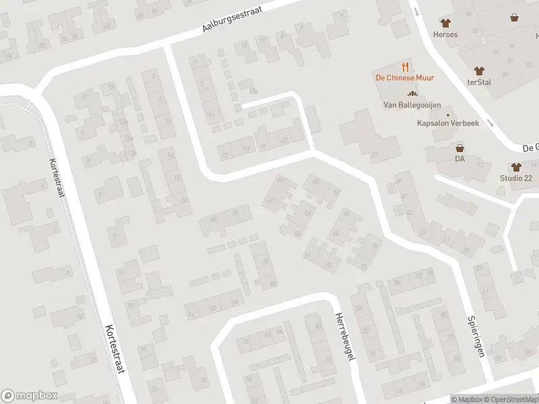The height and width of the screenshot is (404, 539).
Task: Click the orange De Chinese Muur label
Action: pyautogui.click(x=404, y=77)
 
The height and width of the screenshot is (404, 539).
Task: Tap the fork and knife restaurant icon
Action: pyautogui.click(x=405, y=66)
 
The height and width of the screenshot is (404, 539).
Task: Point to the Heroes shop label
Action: pyautogui.click(x=445, y=34)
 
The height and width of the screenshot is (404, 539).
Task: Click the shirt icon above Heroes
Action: pyautogui.click(x=445, y=23)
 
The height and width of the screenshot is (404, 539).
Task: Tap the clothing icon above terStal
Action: pyautogui.click(x=479, y=69)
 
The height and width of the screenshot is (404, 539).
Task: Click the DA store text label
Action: pyautogui.click(x=459, y=159)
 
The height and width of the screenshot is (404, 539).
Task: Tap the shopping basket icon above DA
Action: pyautogui.click(x=459, y=147)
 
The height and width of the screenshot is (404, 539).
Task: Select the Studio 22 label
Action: pyautogui.click(x=516, y=178)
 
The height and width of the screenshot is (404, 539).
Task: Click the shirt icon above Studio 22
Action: pyautogui.click(x=516, y=167)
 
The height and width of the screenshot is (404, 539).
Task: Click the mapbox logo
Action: pyautogui.click(x=30, y=395)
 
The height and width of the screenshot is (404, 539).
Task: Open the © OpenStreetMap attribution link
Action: pyautogui.click(x=510, y=399)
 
